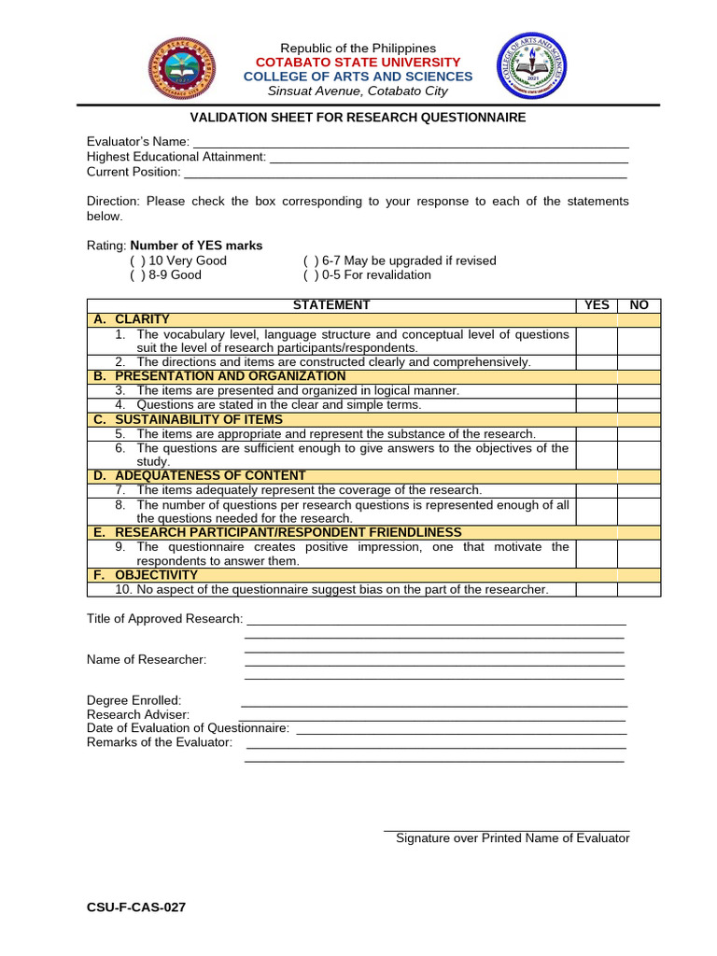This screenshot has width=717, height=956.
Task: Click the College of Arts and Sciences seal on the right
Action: click(x=531, y=66)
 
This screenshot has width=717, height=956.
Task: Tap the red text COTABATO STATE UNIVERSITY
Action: click(x=358, y=63)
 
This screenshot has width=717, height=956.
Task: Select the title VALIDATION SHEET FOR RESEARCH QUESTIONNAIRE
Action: click(x=358, y=118)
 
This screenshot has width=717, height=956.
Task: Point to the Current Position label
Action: click(x=134, y=172)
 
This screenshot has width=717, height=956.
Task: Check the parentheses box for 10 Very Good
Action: click(x=137, y=261)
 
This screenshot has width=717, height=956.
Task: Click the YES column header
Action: click(x=597, y=305)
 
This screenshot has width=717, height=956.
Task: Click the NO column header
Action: click(x=639, y=305)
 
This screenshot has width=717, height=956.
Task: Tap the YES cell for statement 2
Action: click(x=597, y=362)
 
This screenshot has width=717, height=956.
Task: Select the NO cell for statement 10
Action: click(x=639, y=590)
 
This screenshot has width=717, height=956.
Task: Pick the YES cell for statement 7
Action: click(x=597, y=490)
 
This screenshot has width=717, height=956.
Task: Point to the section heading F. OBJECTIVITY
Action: click(x=146, y=575)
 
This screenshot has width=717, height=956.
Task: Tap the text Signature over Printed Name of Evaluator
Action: click(x=513, y=838)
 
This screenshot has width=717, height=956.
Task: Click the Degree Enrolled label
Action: click(x=134, y=700)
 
